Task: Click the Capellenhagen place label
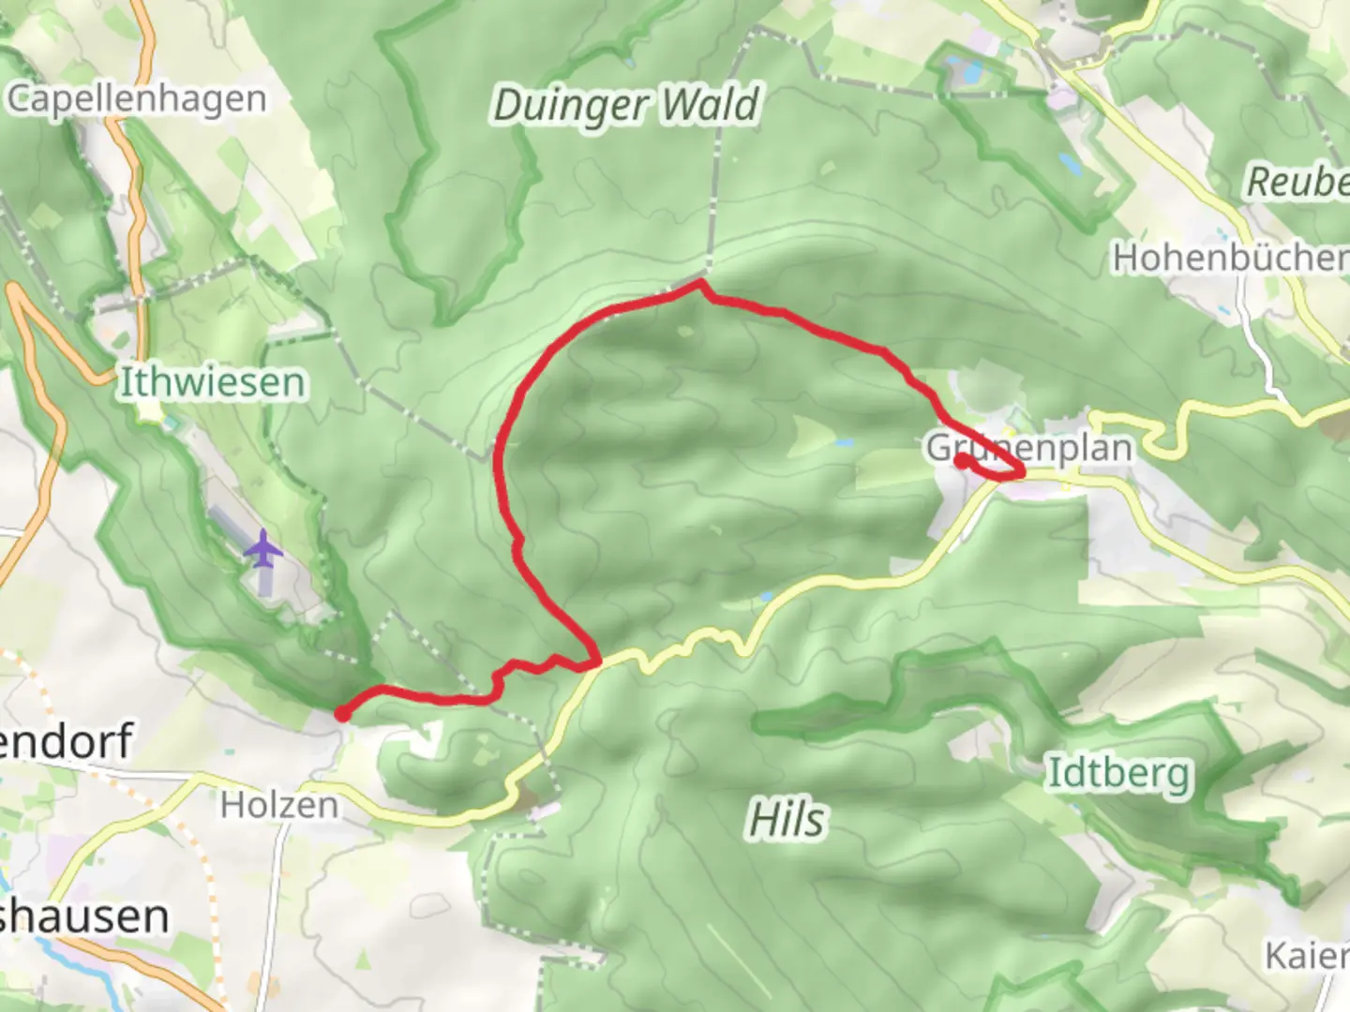click(x=137, y=98)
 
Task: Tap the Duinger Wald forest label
click(x=625, y=105)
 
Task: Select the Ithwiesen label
click(x=213, y=382)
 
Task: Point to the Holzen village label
click(x=279, y=804)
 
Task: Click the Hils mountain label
click(x=787, y=820)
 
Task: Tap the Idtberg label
click(x=1118, y=773)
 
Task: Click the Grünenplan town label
click(x=1029, y=448)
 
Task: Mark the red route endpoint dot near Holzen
click(x=342, y=714)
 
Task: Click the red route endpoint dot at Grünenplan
click(x=962, y=460)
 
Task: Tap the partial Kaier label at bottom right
click(x=1307, y=956)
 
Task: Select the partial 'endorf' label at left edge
click(x=66, y=740)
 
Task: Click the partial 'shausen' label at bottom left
click(x=84, y=916)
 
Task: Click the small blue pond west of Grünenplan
click(x=845, y=441)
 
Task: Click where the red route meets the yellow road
click(x=597, y=663)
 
